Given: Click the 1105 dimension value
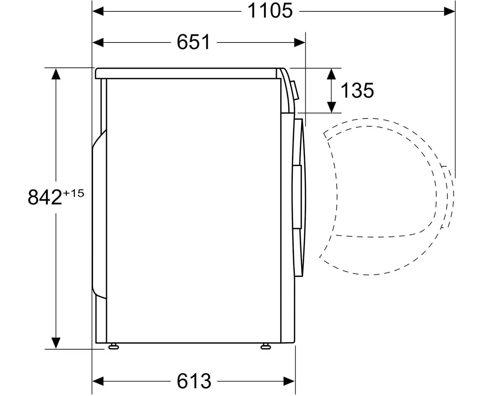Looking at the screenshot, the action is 270,11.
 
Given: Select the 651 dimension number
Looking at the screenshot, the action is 193,42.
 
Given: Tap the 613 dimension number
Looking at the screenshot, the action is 194,381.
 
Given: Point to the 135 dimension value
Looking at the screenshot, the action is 357,91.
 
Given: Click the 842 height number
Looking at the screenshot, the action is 45,197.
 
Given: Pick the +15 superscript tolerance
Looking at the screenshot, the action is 73,193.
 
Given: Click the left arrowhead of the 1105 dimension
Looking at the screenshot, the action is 98,11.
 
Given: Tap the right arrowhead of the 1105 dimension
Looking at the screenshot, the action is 449,11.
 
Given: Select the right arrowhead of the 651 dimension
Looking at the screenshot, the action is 300,42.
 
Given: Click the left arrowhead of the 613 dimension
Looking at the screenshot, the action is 98,381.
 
